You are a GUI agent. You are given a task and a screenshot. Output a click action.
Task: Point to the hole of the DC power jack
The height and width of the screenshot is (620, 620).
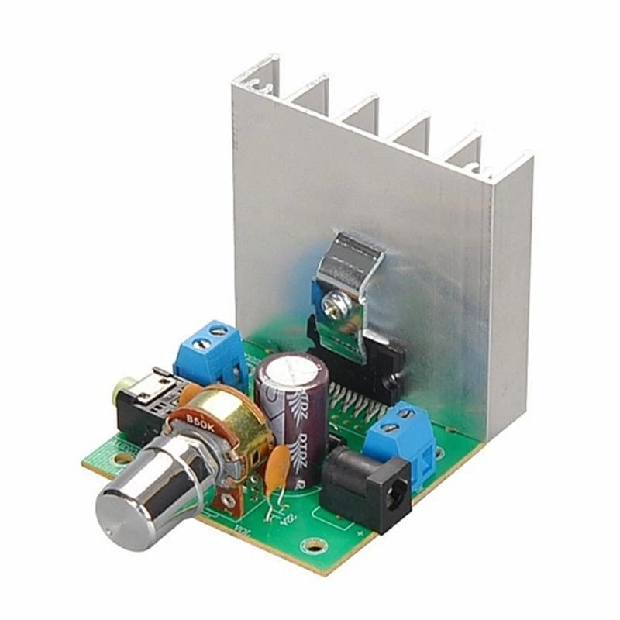pyautogui.click(x=396, y=497)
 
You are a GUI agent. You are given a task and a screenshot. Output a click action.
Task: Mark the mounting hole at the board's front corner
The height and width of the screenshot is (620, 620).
pyautogui.click(x=312, y=546)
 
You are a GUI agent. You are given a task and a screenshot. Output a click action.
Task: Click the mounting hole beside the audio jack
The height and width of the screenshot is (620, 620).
pyautogui.click(x=122, y=459)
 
